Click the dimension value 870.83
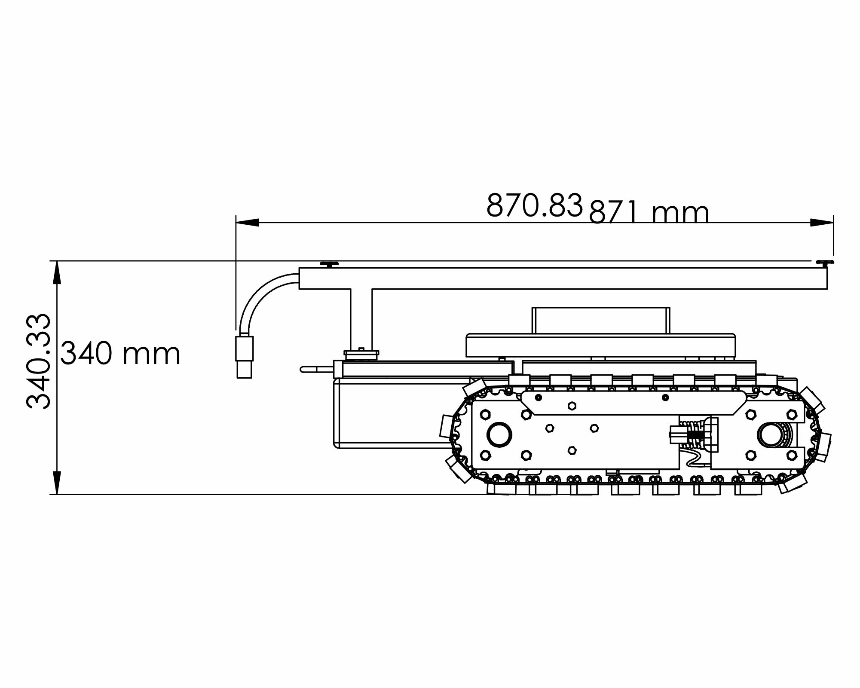click(x=534, y=205)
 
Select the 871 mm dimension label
click(x=649, y=213)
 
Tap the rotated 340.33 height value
click(x=39, y=361)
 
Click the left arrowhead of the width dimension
click(x=248, y=223)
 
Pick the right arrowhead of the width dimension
click(x=821, y=223)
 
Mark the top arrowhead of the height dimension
click(x=56, y=272)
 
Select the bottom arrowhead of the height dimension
click(x=56, y=483)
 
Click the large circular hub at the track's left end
click(x=499, y=435)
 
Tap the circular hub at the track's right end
click(x=772, y=435)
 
